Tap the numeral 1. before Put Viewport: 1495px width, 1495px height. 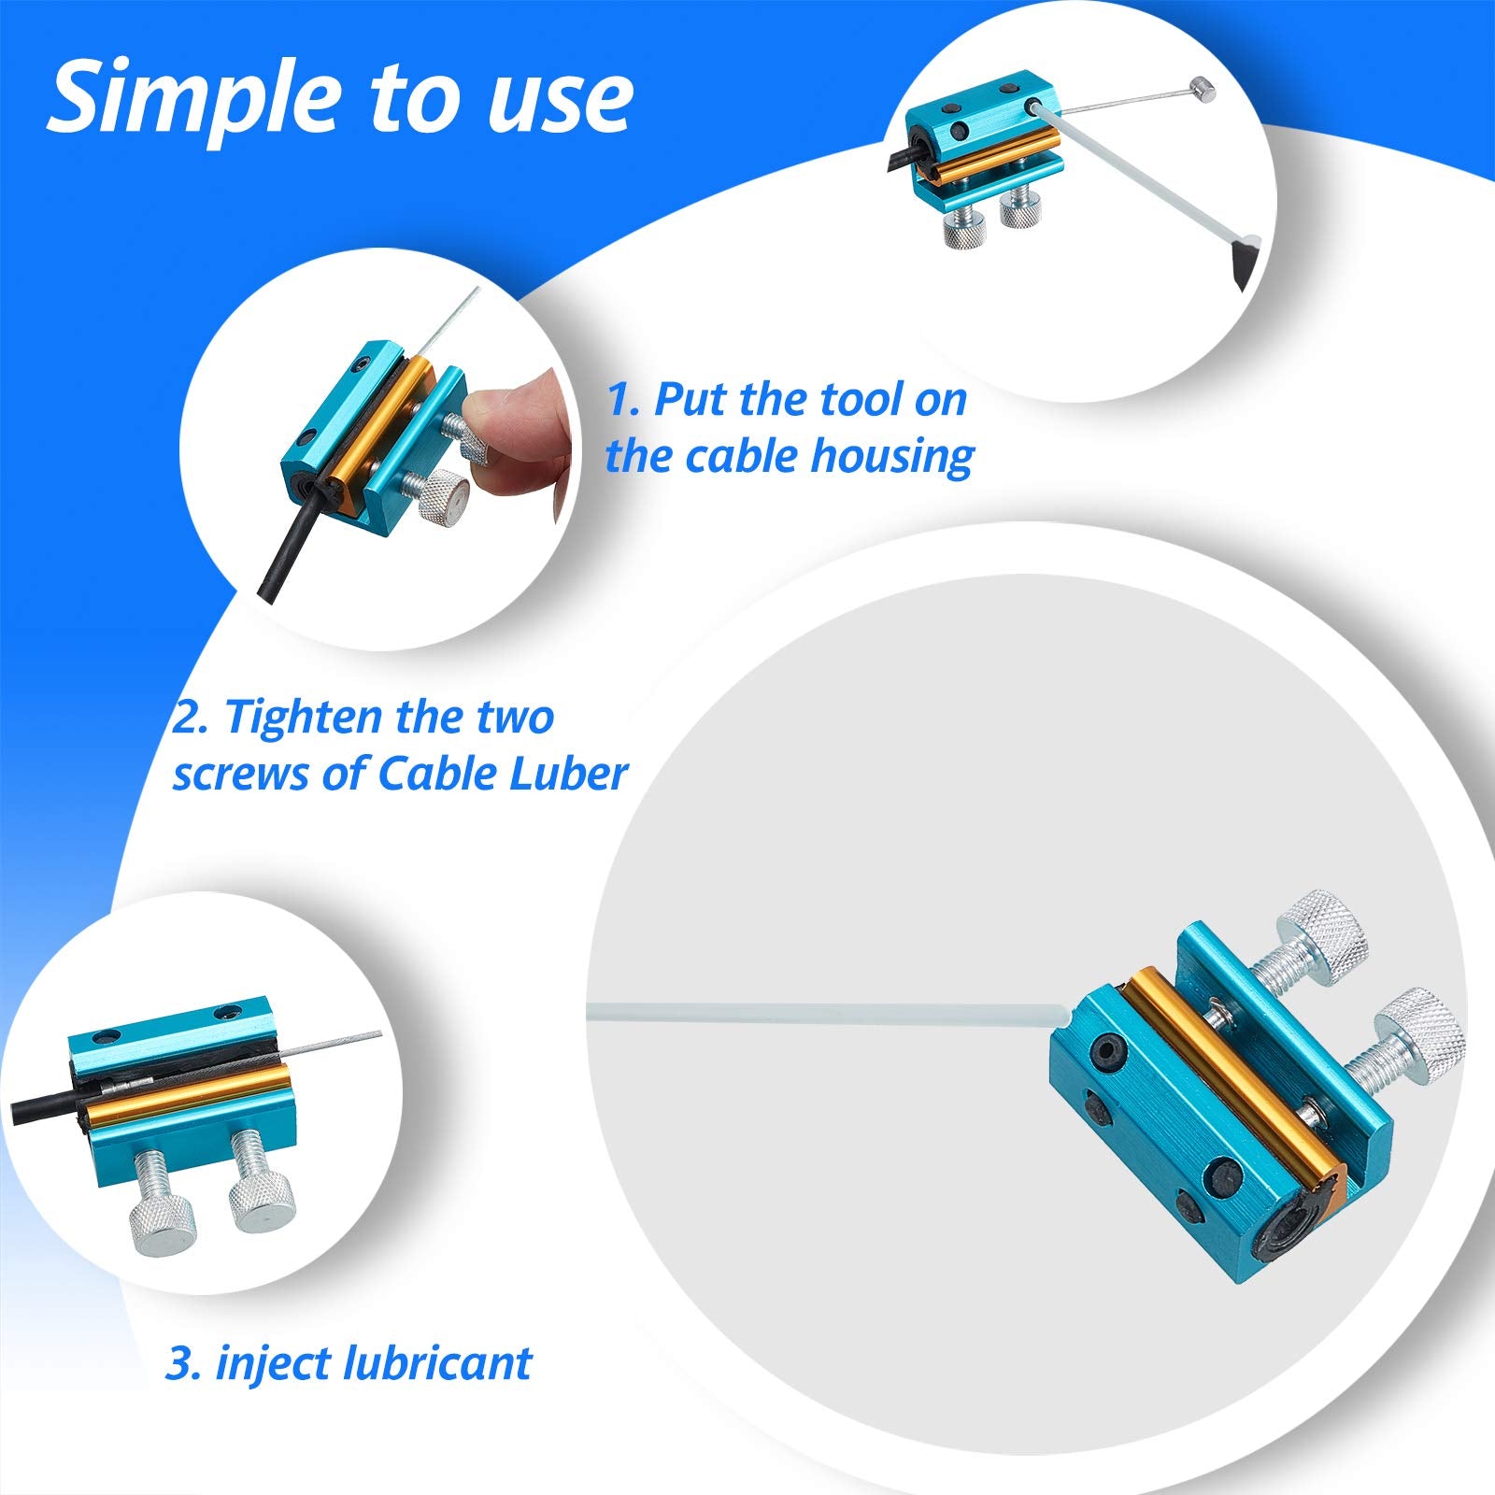(x=623, y=400)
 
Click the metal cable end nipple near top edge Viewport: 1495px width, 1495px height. (x=1205, y=91)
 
